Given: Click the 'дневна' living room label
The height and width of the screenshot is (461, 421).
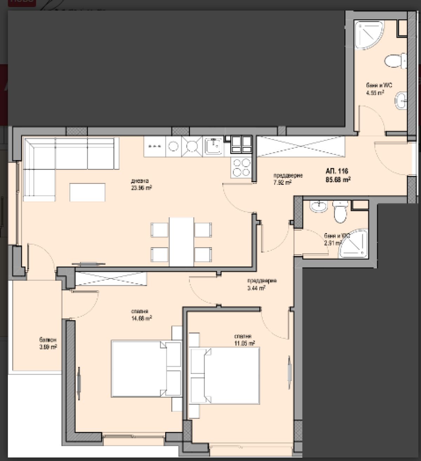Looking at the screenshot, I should coord(140,181).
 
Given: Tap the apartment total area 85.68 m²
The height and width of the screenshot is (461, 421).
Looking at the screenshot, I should coord(339,179).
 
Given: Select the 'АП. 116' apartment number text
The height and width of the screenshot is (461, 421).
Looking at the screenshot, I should coord(337,171).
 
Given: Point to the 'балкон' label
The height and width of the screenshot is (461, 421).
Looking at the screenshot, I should coord(48,340).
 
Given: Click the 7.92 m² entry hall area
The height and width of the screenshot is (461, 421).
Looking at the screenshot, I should coord(282,183).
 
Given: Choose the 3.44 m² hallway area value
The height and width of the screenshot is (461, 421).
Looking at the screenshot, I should coord(256,287).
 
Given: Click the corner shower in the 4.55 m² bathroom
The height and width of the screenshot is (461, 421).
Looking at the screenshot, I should coord(368,34).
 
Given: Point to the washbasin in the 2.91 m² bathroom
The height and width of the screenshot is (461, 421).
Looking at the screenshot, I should coord(319,207).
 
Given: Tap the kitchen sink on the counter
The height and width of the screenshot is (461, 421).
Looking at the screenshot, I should coord(213,145).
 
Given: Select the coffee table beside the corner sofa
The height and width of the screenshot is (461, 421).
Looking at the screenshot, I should coord(87,192).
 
